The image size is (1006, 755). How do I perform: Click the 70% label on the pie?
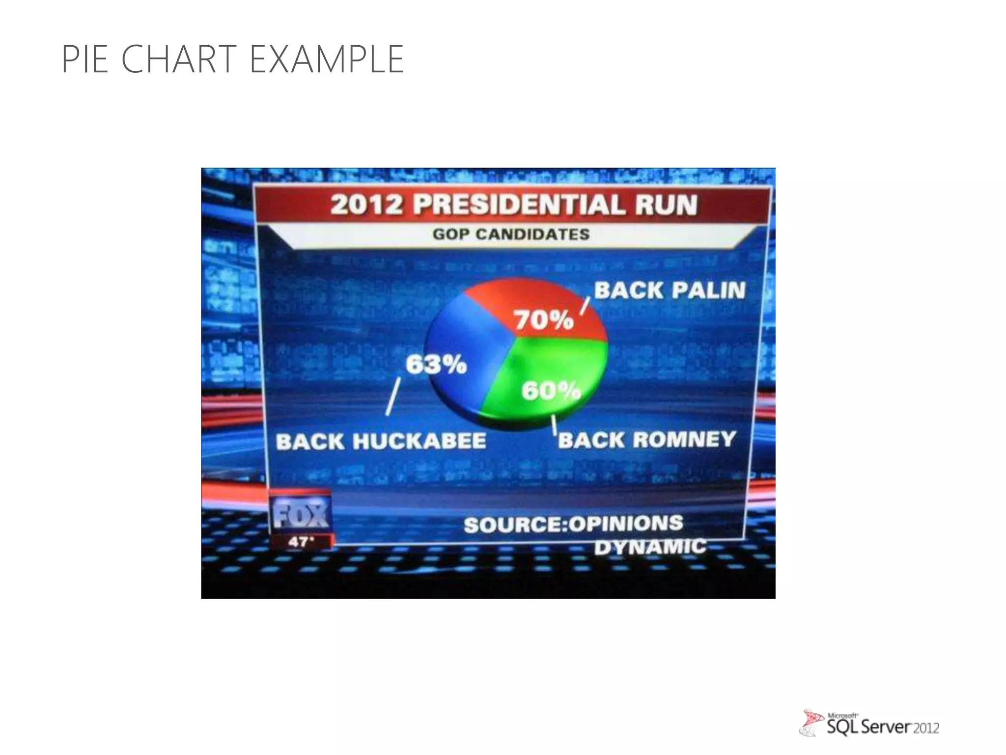[544, 320]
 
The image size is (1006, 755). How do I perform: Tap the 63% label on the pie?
[436, 365]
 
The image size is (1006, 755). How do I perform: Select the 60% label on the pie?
[551, 391]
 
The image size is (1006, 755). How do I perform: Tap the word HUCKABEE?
[419, 441]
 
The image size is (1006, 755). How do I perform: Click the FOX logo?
[301, 514]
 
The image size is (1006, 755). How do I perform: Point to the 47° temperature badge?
[300, 542]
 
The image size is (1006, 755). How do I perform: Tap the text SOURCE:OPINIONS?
[573, 524]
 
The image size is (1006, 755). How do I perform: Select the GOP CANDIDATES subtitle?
[511, 234]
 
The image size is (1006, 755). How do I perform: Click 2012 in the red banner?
[366, 204]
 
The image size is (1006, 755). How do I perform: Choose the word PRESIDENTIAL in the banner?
[519, 204]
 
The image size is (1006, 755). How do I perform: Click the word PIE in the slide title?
[84, 59]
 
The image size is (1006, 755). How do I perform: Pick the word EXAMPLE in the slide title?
[327, 59]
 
